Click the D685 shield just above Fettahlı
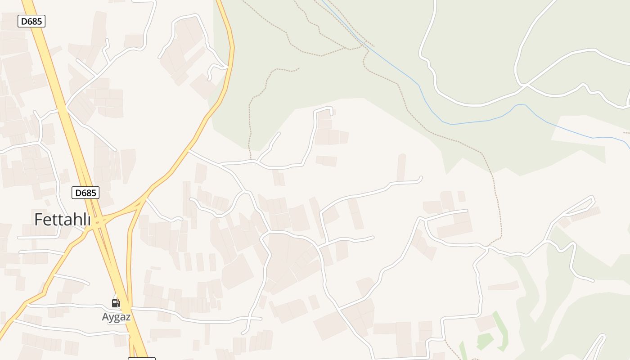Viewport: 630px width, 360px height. point(85,193)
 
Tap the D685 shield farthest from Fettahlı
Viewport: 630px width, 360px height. point(31,21)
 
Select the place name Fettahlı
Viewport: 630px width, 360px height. point(63,219)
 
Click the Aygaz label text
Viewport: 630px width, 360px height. point(116,317)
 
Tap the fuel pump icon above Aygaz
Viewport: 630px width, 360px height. point(116,303)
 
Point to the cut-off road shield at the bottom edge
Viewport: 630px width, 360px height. point(142,359)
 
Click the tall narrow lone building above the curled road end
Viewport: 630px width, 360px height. point(401,167)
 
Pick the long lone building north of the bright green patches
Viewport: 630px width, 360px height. point(504,286)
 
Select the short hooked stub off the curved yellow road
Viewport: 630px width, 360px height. point(216,70)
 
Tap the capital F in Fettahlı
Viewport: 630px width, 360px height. point(40,219)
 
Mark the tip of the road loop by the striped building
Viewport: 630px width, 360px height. point(593,198)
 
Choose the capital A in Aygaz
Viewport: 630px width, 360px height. point(106,317)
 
